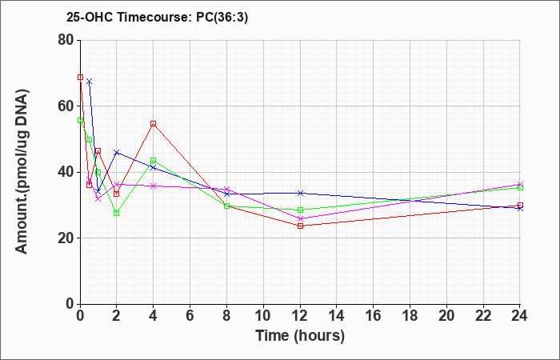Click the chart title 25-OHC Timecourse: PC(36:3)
157,17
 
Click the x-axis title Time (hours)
300,336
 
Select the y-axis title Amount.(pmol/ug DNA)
22,172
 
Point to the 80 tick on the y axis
66,40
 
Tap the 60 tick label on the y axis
66,106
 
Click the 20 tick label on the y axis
66,238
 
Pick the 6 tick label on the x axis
190,316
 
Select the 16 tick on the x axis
374,316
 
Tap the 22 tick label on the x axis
483,316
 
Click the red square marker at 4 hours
154,124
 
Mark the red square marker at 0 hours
80,77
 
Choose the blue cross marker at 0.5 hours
90,82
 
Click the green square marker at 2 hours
117,214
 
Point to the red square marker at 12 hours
300,226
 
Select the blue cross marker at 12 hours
300,194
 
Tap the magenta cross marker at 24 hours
520,185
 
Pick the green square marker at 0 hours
80,121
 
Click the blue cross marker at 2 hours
117,153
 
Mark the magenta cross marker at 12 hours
300,219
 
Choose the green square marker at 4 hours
154,161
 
